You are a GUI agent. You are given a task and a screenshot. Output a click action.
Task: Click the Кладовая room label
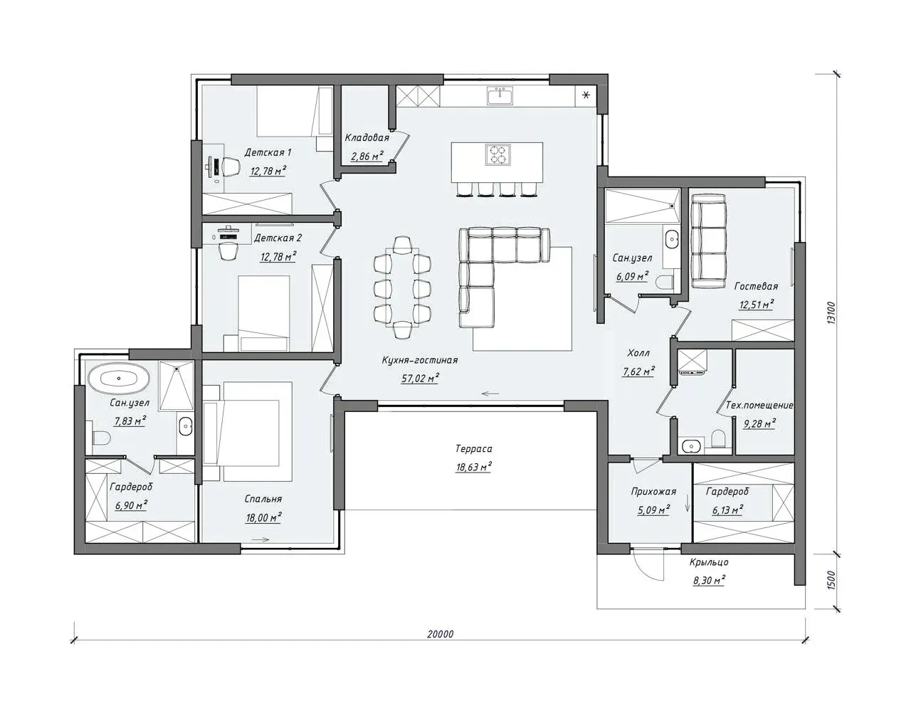click(367, 137)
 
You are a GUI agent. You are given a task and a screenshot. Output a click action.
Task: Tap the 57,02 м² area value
click(420, 379)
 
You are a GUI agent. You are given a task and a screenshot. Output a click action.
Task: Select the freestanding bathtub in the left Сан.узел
click(119, 378)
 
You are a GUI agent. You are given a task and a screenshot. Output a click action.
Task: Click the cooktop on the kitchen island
click(497, 154)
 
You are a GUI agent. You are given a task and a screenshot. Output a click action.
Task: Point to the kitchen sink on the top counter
click(500, 95)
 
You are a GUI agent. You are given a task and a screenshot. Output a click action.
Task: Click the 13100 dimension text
click(832, 312)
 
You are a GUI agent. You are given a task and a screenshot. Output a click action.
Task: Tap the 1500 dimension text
click(832, 581)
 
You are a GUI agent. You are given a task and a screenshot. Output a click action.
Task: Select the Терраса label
click(474, 449)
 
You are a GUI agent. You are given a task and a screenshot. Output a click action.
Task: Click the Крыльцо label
click(709, 563)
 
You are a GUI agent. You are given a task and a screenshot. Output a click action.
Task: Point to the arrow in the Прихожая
click(687, 503)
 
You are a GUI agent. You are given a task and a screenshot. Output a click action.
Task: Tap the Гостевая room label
click(757, 286)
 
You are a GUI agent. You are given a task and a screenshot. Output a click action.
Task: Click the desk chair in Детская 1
click(228, 167)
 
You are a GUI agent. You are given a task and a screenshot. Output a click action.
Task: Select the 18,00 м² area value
click(263, 517)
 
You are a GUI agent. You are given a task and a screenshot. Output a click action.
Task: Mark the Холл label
click(638, 353)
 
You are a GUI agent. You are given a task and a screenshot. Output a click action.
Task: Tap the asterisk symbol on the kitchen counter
click(586, 95)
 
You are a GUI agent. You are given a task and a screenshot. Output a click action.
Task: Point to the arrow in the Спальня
click(260, 539)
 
